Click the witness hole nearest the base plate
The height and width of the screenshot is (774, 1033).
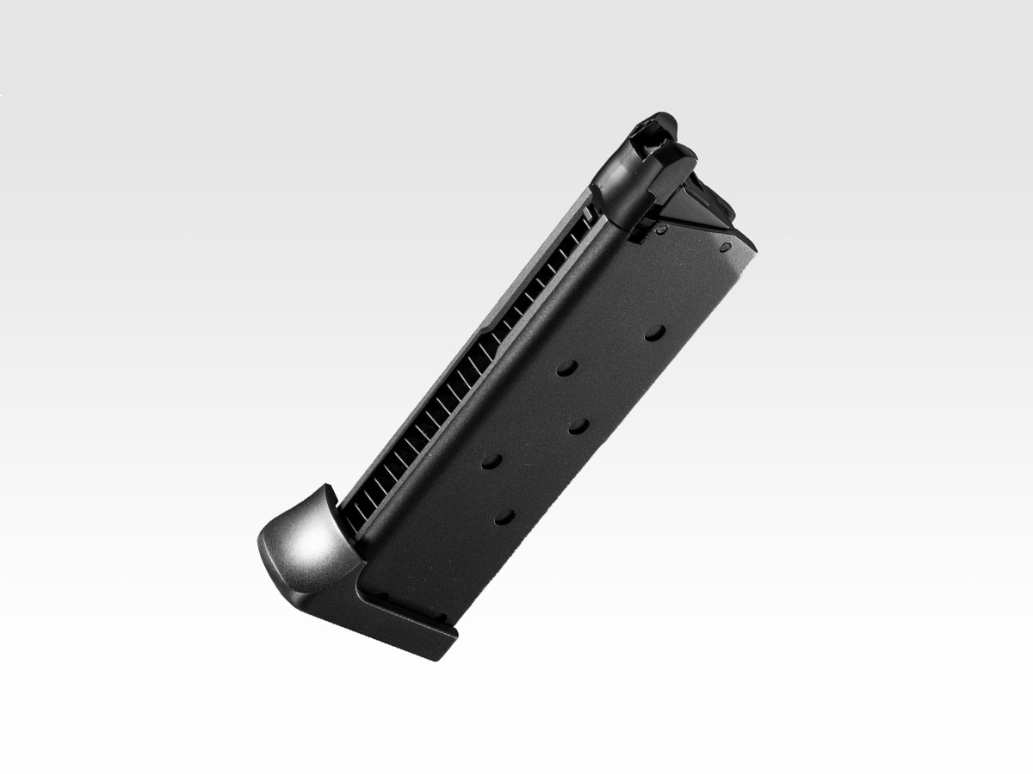tap(504, 517)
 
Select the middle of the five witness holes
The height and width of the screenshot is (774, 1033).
tap(578, 425)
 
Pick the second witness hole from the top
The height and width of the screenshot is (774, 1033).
tap(566, 368)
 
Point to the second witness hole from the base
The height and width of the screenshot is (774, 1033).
tap(492, 461)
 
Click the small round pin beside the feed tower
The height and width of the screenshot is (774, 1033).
tap(660, 230)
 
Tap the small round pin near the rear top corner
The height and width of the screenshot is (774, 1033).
tap(725, 247)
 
